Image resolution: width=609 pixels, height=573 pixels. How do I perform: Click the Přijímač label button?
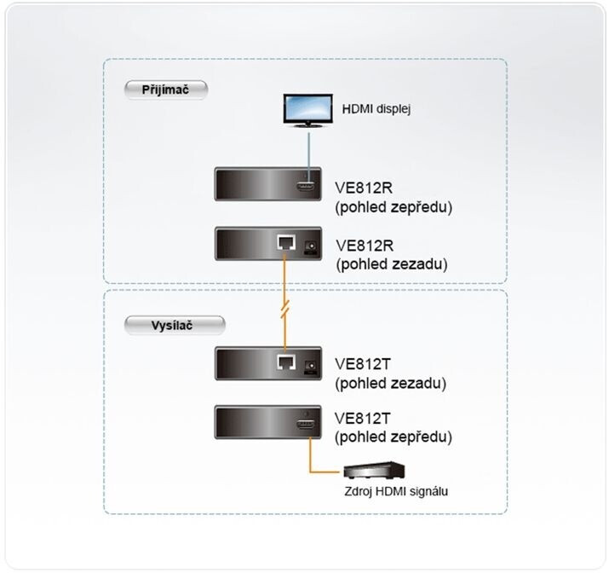166,90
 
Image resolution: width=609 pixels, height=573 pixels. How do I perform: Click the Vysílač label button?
175,326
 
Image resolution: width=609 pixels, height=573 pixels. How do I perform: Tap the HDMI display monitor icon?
308,110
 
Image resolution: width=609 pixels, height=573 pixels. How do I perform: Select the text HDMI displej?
376,109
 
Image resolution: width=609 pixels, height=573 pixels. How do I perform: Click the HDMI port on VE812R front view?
306,186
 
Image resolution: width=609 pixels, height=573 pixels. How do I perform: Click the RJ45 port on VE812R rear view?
286,243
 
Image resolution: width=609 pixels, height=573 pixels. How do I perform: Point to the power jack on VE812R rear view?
311,246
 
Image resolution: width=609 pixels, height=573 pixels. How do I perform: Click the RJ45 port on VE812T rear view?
286,362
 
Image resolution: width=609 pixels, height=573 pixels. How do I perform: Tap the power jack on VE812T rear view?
311,366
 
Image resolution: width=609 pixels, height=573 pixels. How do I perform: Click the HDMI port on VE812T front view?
306,424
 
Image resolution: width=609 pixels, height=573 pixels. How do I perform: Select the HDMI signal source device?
374,471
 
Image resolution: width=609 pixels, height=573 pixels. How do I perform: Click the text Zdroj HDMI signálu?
396,491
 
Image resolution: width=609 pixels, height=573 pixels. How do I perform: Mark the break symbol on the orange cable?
285,310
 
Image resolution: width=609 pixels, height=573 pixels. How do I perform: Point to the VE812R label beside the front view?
364,188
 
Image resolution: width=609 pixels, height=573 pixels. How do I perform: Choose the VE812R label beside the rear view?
365,246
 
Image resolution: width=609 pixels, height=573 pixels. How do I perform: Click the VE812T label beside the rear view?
363,364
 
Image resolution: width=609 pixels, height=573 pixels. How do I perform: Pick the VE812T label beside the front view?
362,419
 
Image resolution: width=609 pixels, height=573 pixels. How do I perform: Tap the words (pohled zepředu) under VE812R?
394,207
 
